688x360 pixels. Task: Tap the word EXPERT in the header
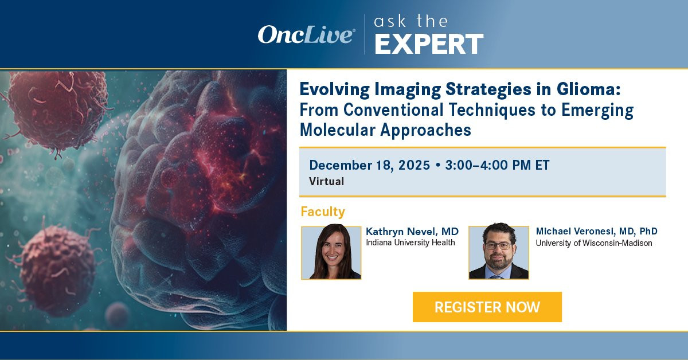pos(429,44)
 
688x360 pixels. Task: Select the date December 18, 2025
pos(369,165)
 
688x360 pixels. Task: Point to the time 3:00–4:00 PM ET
pos(497,165)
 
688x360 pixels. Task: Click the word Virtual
pos(326,181)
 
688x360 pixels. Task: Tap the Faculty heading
pos(323,212)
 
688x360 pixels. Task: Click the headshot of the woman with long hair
pos(331,252)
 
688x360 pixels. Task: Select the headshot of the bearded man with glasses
pos(499,252)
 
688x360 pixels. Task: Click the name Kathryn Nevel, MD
pos(412,231)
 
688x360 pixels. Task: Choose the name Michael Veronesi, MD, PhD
pos(596,231)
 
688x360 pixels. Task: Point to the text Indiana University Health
pos(411,242)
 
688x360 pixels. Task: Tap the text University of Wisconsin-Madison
pos(594,243)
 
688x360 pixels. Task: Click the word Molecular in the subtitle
pos(338,130)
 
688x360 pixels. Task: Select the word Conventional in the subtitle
pos(393,109)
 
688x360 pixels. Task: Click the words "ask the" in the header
pos(411,22)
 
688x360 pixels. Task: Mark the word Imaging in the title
pos(408,90)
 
